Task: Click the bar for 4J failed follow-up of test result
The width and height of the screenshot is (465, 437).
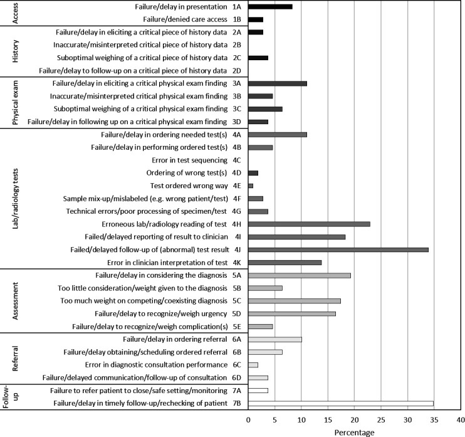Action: tap(338, 250)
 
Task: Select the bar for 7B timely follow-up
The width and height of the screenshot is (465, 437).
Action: tap(341, 404)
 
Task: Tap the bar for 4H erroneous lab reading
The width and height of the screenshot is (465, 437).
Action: tap(310, 224)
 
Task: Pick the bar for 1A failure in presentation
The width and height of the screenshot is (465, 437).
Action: tap(271, 7)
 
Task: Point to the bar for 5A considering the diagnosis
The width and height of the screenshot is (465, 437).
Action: tap(300, 276)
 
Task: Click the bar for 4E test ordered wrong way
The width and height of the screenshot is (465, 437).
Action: tap(251, 186)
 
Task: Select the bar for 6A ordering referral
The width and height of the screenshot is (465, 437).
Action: tap(275, 339)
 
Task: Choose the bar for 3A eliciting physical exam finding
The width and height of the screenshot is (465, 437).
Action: tap(278, 83)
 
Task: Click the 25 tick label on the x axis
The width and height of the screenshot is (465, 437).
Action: tap(381, 420)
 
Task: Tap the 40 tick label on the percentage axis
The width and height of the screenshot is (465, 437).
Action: tap(461, 420)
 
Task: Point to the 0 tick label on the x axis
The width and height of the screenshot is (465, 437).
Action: tap(248, 420)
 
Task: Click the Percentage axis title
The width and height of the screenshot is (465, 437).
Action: tap(354, 433)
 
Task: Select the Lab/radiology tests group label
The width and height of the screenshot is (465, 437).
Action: tap(16, 199)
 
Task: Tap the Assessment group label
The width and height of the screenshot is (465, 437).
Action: tap(16, 301)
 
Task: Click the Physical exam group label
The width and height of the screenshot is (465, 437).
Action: tap(16, 103)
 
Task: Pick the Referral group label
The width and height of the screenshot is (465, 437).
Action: tap(16, 359)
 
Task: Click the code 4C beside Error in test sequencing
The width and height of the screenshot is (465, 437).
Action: tap(237, 161)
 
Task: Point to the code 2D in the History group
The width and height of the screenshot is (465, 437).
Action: tap(237, 71)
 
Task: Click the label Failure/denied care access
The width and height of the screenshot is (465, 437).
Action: tap(185, 19)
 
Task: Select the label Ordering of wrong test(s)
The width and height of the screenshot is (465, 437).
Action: tap(187, 173)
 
